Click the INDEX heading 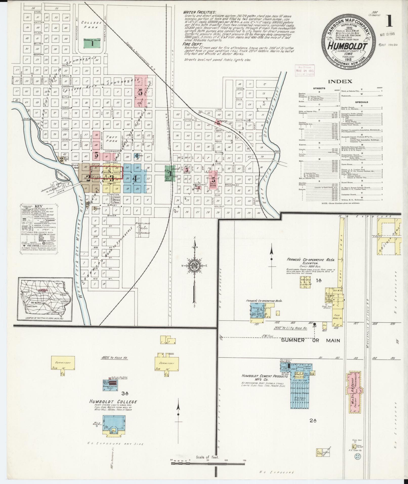(x=340, y=81)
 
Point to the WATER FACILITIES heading (x=200, y=12)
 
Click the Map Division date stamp (x=305, y=71)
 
